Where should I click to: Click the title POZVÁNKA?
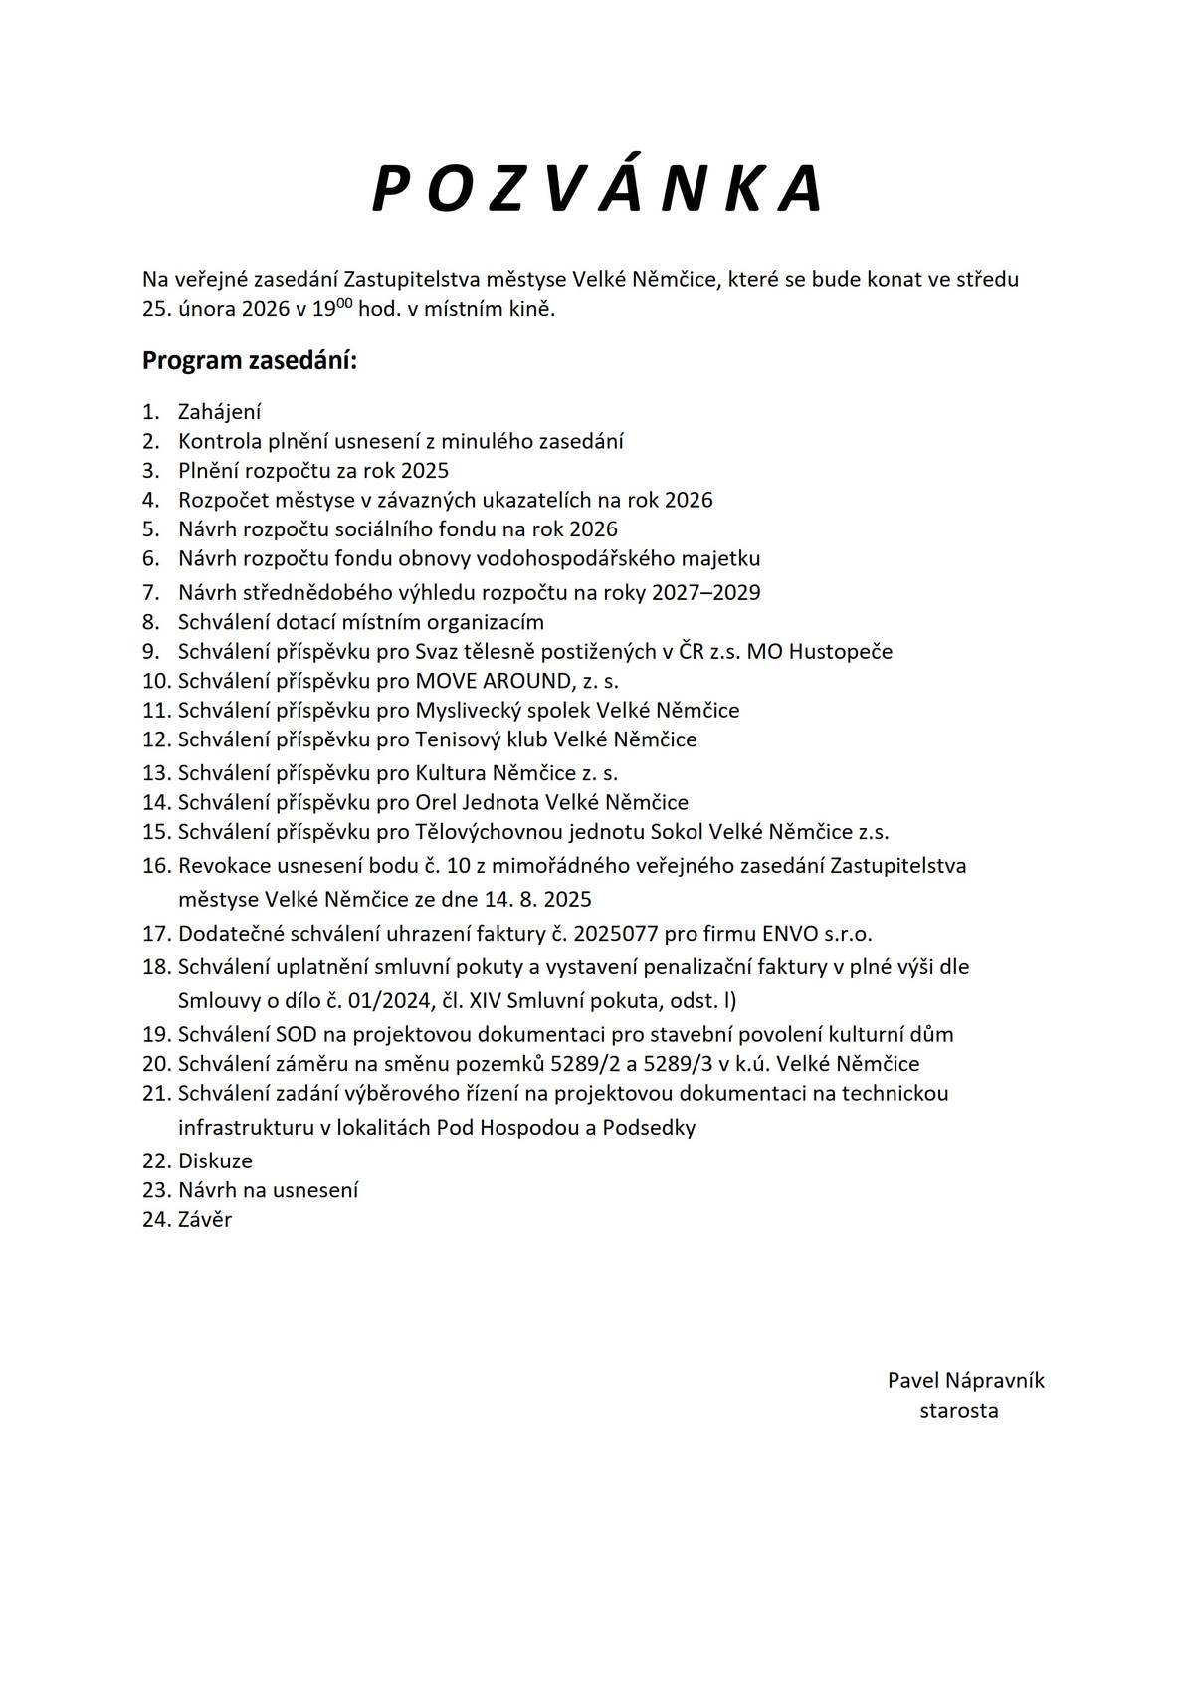pos(597,188)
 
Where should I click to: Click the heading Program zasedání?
pos(249,360)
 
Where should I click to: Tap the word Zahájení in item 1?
pos(219,412)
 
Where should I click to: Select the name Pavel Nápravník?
pos(965,1380)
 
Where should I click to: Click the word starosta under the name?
pos(959,1410)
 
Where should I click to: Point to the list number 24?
pos(156,1219)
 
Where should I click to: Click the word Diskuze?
pos(215,1160)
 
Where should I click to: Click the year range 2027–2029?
pos(705,593)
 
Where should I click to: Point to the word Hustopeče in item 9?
pos(844,652)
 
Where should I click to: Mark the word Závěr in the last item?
pos(205,1219)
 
